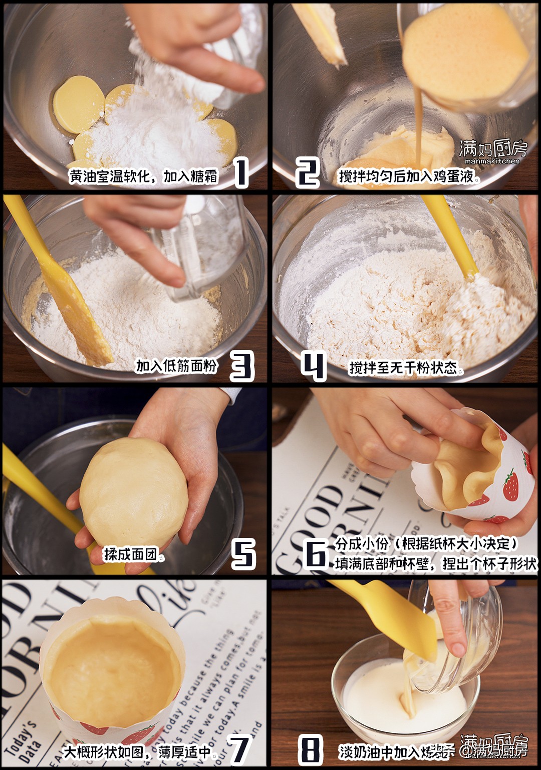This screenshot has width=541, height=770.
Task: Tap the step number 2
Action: coord(307,172)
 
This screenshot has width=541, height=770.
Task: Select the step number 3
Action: coord(242,365)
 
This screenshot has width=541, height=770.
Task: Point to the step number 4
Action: coord(314,365)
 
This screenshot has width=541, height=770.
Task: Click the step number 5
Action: coord(243,554)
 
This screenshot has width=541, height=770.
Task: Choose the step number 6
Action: coord(316,554)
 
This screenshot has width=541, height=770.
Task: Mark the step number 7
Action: coord(239,748)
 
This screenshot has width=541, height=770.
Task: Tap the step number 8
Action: coord(310,749)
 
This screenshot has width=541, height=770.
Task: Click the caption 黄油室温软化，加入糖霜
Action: coord(144,176)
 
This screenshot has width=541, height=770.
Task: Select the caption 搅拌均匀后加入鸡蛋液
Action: coord(406,176)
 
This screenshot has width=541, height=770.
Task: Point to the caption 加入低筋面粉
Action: coord(176,366)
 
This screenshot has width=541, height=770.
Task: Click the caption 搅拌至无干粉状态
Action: coord(404,368)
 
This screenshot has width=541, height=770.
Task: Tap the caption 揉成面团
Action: coord(130,554)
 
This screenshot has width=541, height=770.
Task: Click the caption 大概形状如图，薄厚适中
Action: coord(138,752)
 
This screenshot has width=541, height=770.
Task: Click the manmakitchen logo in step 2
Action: coord(492,152)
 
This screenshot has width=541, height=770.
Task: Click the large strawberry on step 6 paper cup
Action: coord(510,485)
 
